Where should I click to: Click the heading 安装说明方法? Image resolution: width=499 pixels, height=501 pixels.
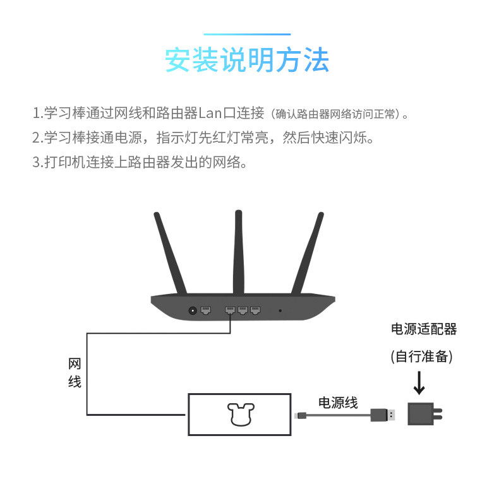tap(247, 61)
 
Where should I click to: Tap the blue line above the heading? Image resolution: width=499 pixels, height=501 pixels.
tap(247, 34)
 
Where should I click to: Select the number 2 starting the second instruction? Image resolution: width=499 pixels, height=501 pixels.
tap(36, 138)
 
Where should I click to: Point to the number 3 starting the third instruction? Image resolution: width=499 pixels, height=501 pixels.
tap(36, 162)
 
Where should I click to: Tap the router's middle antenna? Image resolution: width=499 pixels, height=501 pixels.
tap(238, 252)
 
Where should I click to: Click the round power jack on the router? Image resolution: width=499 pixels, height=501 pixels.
tap(193, 310)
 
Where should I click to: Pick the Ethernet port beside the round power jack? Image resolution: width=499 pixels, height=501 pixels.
tap(205, 310)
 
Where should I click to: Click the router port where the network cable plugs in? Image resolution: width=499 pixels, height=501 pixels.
tap(230, 310)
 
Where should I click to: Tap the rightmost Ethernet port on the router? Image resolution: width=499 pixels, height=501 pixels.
tap(255, 310)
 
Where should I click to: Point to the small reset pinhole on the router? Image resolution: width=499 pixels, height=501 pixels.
tap(280, 310)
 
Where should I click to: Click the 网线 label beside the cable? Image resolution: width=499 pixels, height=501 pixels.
tap(75, 373)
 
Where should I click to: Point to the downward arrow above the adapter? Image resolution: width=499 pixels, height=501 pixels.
tap(419, 382)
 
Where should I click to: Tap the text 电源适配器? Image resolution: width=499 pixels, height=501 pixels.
tap(423, 329)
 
